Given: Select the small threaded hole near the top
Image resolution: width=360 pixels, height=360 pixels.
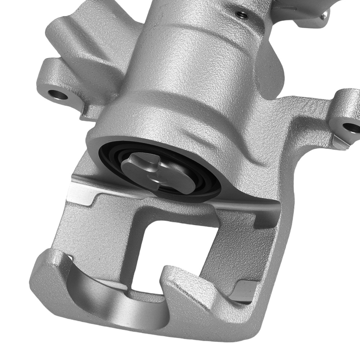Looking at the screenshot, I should coord(241,14).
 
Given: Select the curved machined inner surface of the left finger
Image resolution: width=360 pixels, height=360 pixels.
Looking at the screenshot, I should coord(108,295).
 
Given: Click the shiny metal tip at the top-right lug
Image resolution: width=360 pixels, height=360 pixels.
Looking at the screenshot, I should coord(326,14).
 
